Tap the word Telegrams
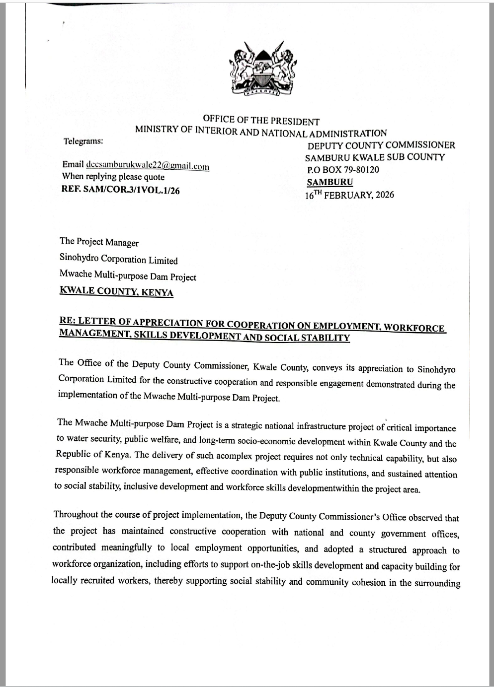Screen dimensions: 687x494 coord(83,141)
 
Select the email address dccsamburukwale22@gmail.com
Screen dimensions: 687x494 coord(148,166)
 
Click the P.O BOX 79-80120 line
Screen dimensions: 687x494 coord(343,170)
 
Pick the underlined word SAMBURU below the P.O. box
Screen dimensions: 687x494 coord(330,182)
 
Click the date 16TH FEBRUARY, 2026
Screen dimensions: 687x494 coord(349,195)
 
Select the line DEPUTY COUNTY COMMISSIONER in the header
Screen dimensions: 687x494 coord(381,145)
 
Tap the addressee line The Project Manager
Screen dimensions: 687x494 coord(99,242)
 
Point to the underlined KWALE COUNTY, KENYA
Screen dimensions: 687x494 coord(116,291)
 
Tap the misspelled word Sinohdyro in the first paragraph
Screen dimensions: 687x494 coord(436,369)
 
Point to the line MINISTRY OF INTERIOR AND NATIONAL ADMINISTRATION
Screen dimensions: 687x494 coord(261,132)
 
